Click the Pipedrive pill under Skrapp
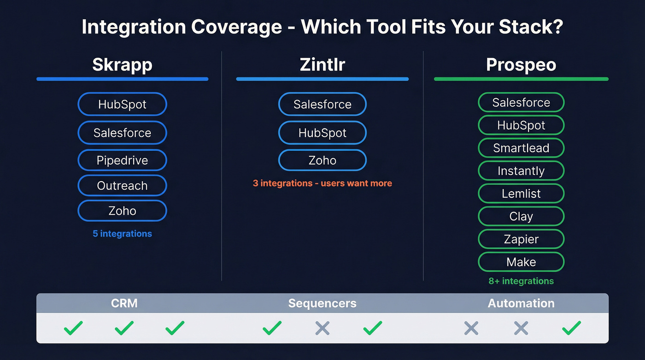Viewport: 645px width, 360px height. point(122,160)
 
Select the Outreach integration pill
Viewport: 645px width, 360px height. point(122,186)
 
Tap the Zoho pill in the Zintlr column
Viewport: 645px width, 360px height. point(322,160)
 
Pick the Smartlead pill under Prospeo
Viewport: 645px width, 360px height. point(521,148)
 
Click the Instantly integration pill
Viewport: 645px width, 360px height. point(521,171)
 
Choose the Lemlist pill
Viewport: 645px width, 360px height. point(521,194)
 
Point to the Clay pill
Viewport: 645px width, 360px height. point(521,217)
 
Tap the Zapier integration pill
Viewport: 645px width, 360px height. point(521,239)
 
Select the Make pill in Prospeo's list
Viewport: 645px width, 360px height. point(521,262)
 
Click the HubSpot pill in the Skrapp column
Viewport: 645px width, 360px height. point(122,104)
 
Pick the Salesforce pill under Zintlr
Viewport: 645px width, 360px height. point(322,104)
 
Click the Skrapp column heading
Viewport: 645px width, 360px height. point(122,65)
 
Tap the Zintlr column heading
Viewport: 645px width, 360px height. point(322,65)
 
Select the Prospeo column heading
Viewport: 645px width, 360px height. point(521,65)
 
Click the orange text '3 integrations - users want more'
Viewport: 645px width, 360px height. point(322,183)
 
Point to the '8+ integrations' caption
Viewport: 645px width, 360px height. point(521,281)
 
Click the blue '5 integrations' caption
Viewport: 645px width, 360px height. point(122,234)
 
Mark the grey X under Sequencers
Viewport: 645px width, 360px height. point(322,328)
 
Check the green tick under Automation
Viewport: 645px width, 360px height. point(571,328)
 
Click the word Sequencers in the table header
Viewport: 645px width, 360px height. point(322,303)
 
